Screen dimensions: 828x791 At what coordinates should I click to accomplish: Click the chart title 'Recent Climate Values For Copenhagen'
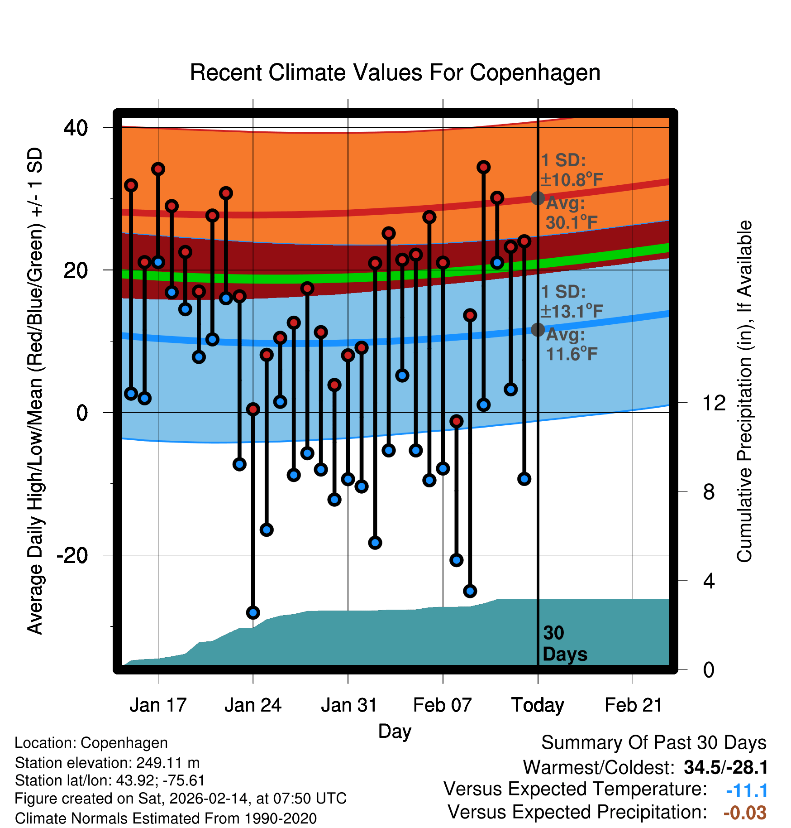395,72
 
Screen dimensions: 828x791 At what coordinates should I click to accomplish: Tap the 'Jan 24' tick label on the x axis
253,705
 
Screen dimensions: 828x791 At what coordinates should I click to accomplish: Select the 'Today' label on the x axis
538,705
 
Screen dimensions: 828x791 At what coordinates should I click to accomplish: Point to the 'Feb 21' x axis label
633,705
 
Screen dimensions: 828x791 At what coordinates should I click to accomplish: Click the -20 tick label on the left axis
72,555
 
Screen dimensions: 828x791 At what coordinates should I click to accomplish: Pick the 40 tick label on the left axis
76,128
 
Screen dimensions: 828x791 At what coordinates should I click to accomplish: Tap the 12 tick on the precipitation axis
714,403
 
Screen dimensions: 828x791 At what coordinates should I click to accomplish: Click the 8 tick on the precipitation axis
709,491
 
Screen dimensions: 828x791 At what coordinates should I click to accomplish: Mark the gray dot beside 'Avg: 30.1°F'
538,198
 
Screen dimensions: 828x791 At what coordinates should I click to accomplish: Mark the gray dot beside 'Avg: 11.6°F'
538,329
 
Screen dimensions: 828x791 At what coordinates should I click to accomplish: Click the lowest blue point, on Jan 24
253,612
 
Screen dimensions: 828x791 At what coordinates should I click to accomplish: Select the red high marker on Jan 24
253,409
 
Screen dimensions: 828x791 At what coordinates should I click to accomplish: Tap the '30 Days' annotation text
564,644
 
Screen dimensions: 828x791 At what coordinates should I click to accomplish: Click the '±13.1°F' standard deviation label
572,311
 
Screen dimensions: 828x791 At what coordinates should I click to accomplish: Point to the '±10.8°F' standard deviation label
572,180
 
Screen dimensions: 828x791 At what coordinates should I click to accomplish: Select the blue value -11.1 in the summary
747,790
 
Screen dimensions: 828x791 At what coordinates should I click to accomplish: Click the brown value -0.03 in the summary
745,813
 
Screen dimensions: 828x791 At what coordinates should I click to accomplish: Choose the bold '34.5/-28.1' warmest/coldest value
725,767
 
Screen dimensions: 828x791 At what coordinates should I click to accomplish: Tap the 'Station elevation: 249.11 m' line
107,763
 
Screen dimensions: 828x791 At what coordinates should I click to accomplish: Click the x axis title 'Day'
395,731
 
